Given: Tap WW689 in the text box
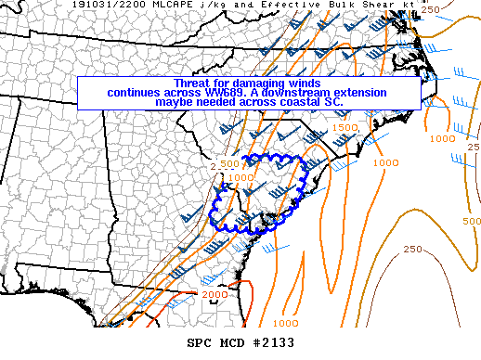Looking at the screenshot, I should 249,93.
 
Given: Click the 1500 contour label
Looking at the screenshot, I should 344,127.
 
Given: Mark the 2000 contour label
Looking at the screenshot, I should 214,294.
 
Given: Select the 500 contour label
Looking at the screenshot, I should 472,222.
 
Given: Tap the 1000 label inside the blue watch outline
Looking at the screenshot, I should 240,176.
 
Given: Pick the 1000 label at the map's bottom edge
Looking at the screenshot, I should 286,322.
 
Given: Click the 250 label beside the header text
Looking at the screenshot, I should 456,8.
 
